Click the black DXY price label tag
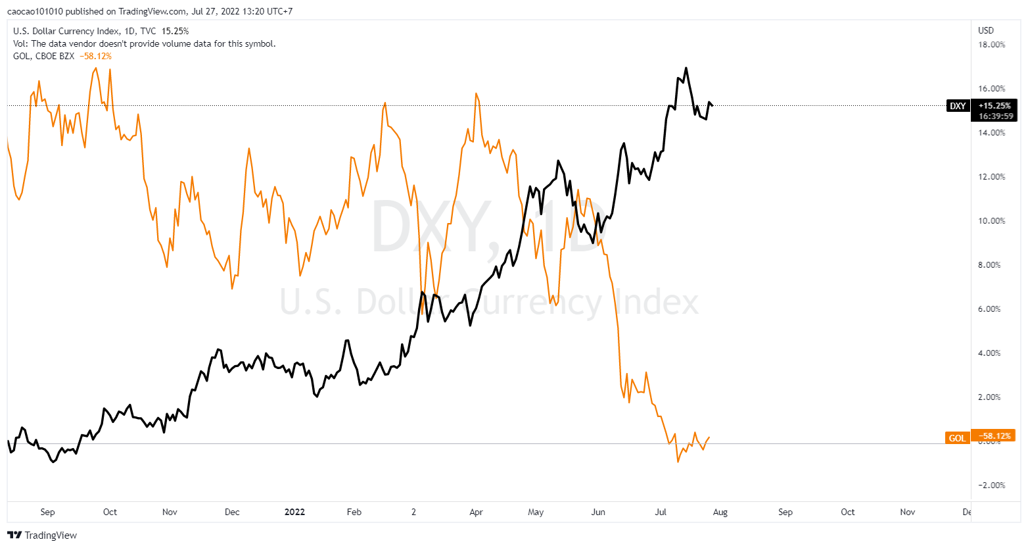point(958,106)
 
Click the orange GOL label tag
point(957,438)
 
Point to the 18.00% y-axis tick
point(992,45)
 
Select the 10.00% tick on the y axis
point(992,221)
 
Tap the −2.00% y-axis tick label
point(992,486)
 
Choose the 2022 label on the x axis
point(294,512)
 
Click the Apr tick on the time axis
point(476,512)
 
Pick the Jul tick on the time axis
point(661,512)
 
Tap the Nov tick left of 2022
point(170,512)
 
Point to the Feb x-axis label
point(354,512)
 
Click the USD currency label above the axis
point(986,30)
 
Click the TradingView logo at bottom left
point(42,535)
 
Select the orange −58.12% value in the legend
point(95,56)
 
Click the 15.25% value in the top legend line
point(175,31)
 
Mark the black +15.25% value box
point(994,105)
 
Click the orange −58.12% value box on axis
point(994,436)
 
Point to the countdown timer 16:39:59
point(995,116)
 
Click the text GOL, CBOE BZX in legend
point(43,56)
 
